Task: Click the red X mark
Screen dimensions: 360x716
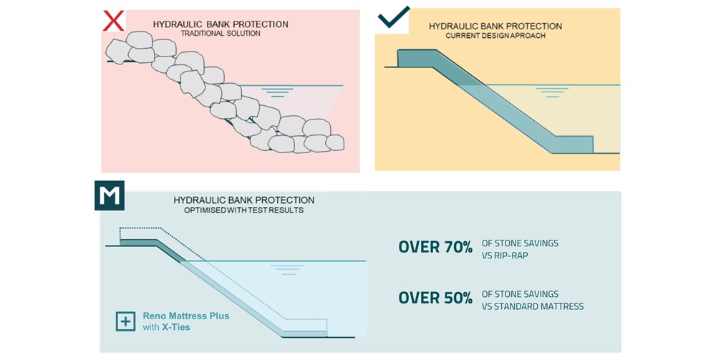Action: point(113,20)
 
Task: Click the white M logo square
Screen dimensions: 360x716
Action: point(110,195)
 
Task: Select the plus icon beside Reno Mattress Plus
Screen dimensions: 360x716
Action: point(125,321)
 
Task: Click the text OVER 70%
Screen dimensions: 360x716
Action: point(435,248)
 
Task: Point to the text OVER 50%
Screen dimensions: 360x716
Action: point(435,298)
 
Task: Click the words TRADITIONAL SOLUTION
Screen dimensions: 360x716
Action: point(221,34)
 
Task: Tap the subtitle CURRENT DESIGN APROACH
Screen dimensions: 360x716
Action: point(495,36)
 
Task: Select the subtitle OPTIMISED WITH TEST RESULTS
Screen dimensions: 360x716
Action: point(243,210)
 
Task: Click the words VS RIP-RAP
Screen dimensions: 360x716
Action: point(505,255)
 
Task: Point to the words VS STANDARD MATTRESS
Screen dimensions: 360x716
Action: point(533,306)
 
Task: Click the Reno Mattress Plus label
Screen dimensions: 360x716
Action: point(186,316)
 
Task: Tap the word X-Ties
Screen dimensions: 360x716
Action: point(176,327)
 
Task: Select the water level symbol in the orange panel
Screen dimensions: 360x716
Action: point(550,92)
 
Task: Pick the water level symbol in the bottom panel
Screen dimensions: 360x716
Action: point(287,269)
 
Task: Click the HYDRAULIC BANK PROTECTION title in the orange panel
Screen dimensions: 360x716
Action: point(495,26)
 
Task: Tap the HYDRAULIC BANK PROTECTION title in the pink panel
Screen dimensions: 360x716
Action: point(221,24)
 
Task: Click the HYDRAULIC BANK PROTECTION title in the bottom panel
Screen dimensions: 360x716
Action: point(243,200)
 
